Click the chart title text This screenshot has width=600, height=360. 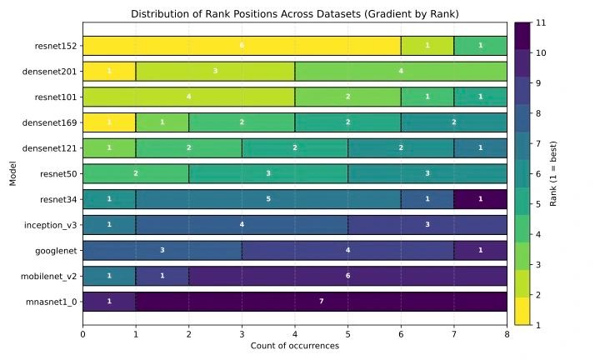pyautogui.click(x=294, y=14)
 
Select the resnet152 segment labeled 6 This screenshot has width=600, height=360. pyautogui.click(x=242, y=46)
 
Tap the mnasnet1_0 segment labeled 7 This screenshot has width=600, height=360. pyautogui.click(x=321, y=301)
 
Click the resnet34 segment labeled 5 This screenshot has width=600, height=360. pyautogui.click(x=268, y=199)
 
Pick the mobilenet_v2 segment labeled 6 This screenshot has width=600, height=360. pyautogui.click(x=347, y=276)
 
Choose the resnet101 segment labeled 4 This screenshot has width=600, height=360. pyautogui.click(x=188, y=97)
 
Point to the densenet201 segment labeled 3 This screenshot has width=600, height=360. pyautogui.click(x=215, y=72)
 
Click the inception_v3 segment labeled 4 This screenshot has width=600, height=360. pyautogui.click(x=242, y=225)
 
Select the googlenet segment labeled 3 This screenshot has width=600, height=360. pyautogui.click(x=162, y=250)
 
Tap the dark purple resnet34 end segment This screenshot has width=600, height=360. pyautogui.click(x=480, y=199)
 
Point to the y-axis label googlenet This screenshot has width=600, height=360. pyautogui.click(x=56, y=251)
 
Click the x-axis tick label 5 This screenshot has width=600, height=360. pyautogui.click(x=347, y=335)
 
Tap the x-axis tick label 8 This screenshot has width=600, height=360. pyautogui.click(x=507, y=335)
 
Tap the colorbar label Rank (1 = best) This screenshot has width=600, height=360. pyautogui.click(x=564, y=173)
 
